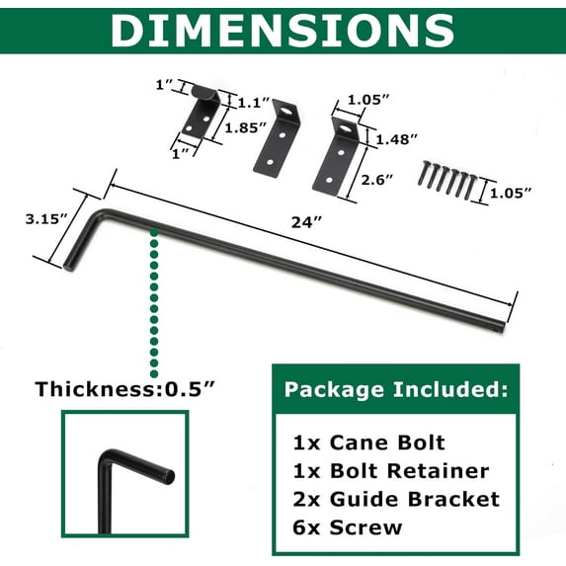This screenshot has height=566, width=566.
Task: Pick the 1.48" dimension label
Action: pos(397,139)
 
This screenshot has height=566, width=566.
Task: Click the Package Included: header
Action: pos(395,390)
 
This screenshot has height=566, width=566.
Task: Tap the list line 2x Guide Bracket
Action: pos(396,499)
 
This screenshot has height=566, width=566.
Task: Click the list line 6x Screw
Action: pos(348,527)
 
